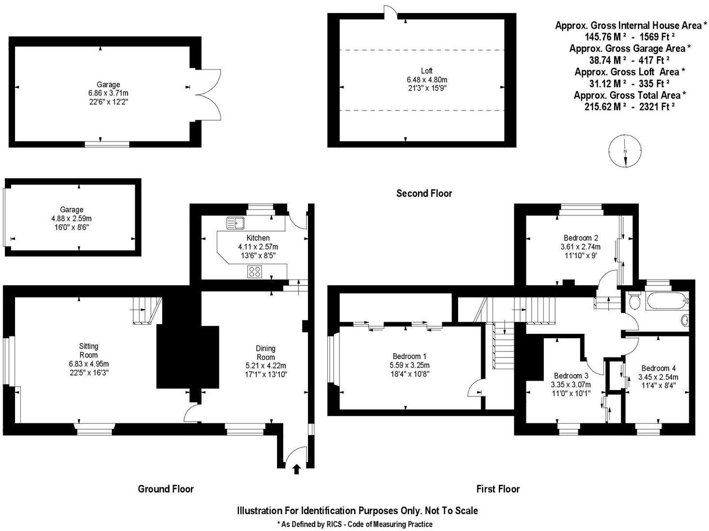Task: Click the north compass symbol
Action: tap(625, 152)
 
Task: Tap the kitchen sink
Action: tap(236, 223)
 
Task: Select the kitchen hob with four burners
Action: tap(255, 272)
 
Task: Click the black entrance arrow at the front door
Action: tap(296, 469)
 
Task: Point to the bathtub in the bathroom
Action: tap(665, 302)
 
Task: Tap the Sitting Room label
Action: tap(89, 350)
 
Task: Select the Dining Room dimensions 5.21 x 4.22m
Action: tap(265, 366)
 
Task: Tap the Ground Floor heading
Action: tap(166, 489)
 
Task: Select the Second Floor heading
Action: tap(424, 193)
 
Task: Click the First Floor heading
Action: tap(498, 489)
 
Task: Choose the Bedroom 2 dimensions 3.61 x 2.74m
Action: tap(580, 247)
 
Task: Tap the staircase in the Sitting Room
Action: tap(145, 310)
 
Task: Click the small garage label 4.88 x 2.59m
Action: tap(71, 218)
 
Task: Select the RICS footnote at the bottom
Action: tap(354, 524)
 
